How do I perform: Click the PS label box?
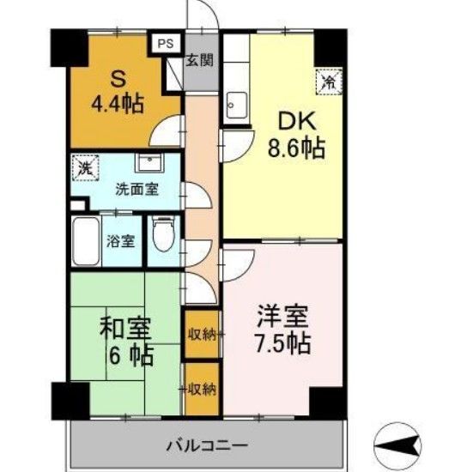[165, 41]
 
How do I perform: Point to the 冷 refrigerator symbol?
[329, 82]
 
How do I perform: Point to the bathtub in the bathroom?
[86, 241]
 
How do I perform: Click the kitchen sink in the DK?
[235, 109]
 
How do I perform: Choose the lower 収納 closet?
[201, 388]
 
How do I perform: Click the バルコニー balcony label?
[206, 446]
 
